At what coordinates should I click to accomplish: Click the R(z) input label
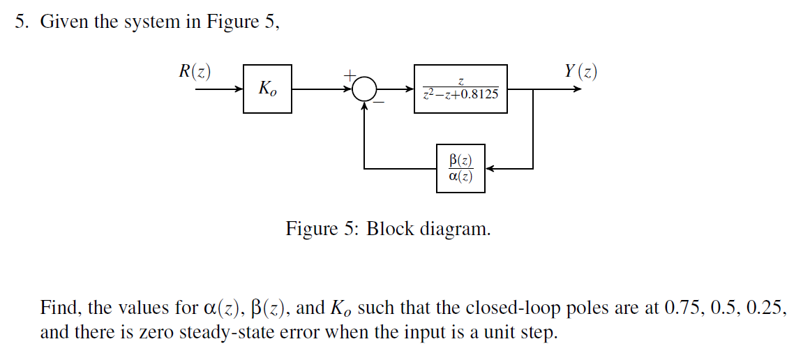195,71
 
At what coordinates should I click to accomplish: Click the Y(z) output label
580,71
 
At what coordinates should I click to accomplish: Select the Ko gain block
267,89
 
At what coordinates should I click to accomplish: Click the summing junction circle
363,89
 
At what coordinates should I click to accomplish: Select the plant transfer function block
460,89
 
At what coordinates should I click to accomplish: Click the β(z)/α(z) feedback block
460,169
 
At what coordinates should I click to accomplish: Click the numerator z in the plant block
460,82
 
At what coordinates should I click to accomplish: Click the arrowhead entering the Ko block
239,89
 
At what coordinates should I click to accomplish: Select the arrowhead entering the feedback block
490,169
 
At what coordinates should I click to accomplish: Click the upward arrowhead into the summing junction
363,107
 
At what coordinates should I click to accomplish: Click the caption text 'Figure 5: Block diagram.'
388,229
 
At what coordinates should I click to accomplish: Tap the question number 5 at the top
22,22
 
